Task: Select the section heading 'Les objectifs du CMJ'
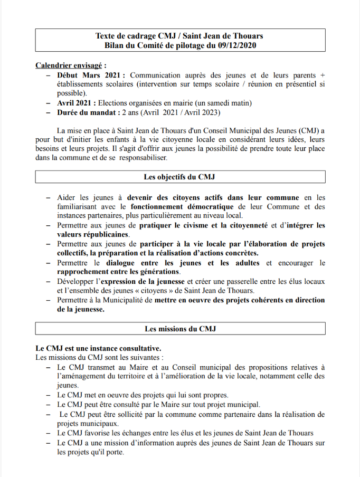pyautogui.click(x=179, y=177)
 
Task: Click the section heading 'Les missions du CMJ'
pyautogui.click(x=180, y=329)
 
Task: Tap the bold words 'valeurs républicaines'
pyautogui.click(x=93, y=234)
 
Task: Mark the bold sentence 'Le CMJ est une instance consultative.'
pyautogui.click(x=98, y=348)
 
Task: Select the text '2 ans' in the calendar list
pyautogui.click(x=132, y=112)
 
